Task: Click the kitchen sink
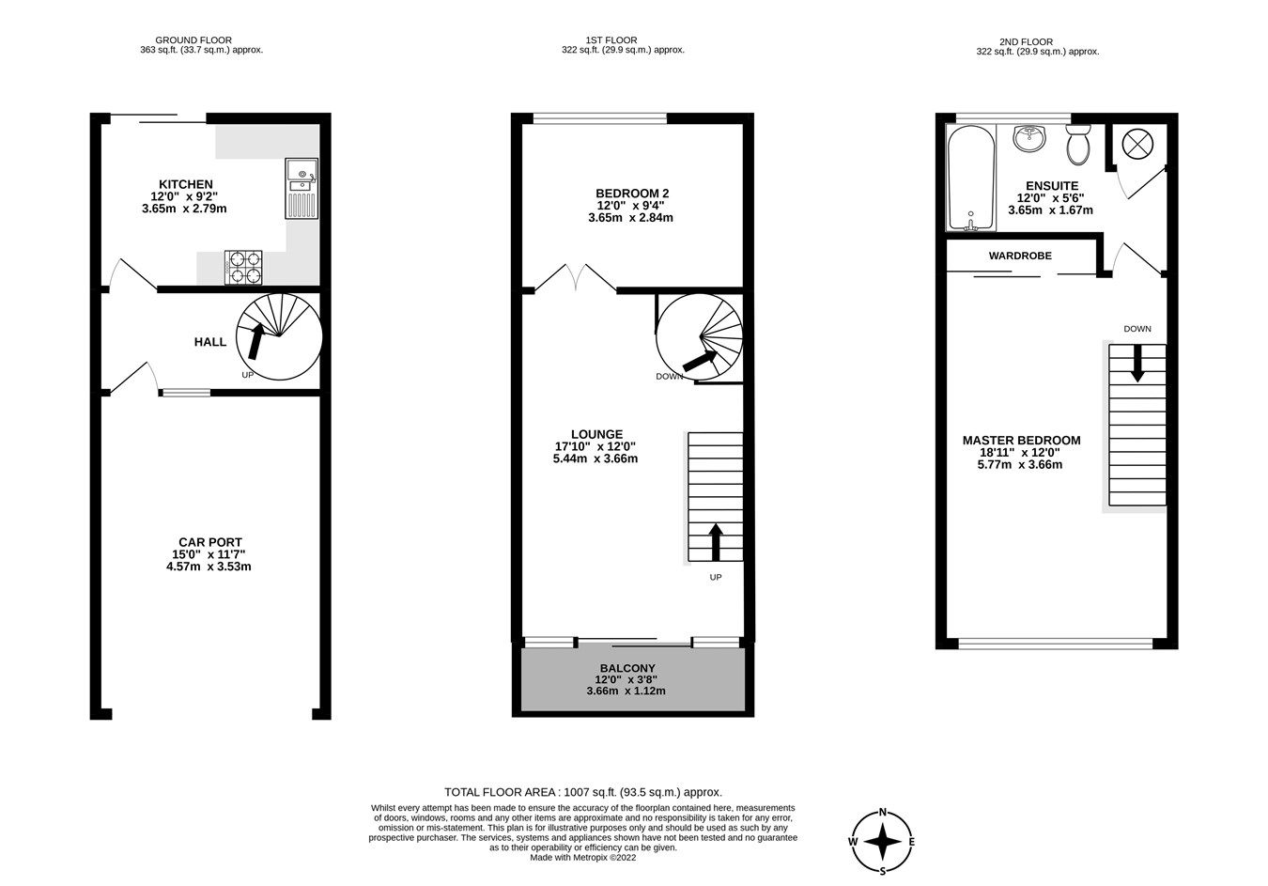pos(302,188)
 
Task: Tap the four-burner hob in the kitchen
pos(242,266)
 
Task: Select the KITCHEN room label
pos(186,184)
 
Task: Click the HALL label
pos(210,342)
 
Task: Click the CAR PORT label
pos(210,542)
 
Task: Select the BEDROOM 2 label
pos(633,194)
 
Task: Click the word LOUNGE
pos(595,434)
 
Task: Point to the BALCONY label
pos(626,668)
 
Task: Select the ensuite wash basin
pos(1030,140)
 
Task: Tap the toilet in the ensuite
pos(1077,146)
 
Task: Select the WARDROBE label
pos(1020,256)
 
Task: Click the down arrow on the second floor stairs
pos(1137,363)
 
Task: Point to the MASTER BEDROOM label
pos(1022,441)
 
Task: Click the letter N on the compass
pos(883,813)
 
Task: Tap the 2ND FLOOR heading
pos(1026,41)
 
